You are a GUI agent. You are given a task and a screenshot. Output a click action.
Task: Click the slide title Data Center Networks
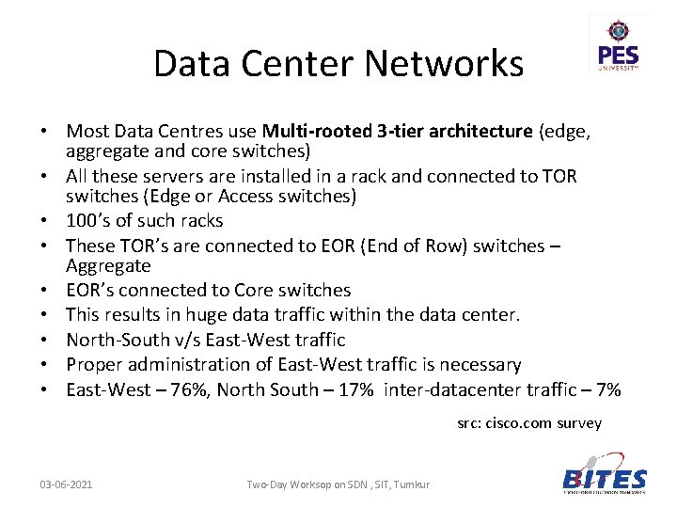(x=338, y=64)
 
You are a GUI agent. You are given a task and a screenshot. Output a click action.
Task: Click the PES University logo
(x=618, y=46)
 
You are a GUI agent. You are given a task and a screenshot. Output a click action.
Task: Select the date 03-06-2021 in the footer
(x=66, y=484)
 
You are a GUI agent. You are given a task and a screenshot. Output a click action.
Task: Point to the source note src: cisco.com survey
(x=529, y=423)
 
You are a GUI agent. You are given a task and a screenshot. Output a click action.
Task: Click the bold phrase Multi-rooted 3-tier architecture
(x=398, y=132)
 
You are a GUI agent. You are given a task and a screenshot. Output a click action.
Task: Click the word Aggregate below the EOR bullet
(x=108, y=266)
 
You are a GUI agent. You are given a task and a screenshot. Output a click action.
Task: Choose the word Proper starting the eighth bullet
(x=93, y=365)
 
